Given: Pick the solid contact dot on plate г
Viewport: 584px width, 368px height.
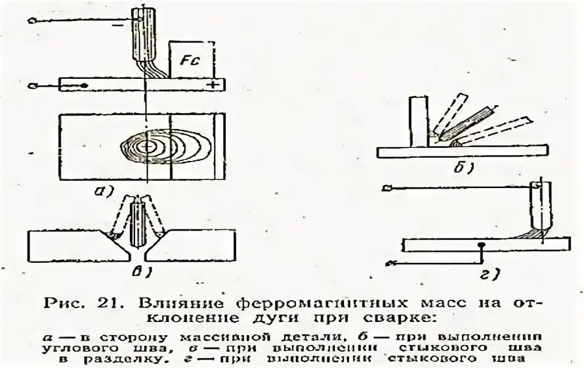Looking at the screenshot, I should (482, 245).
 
